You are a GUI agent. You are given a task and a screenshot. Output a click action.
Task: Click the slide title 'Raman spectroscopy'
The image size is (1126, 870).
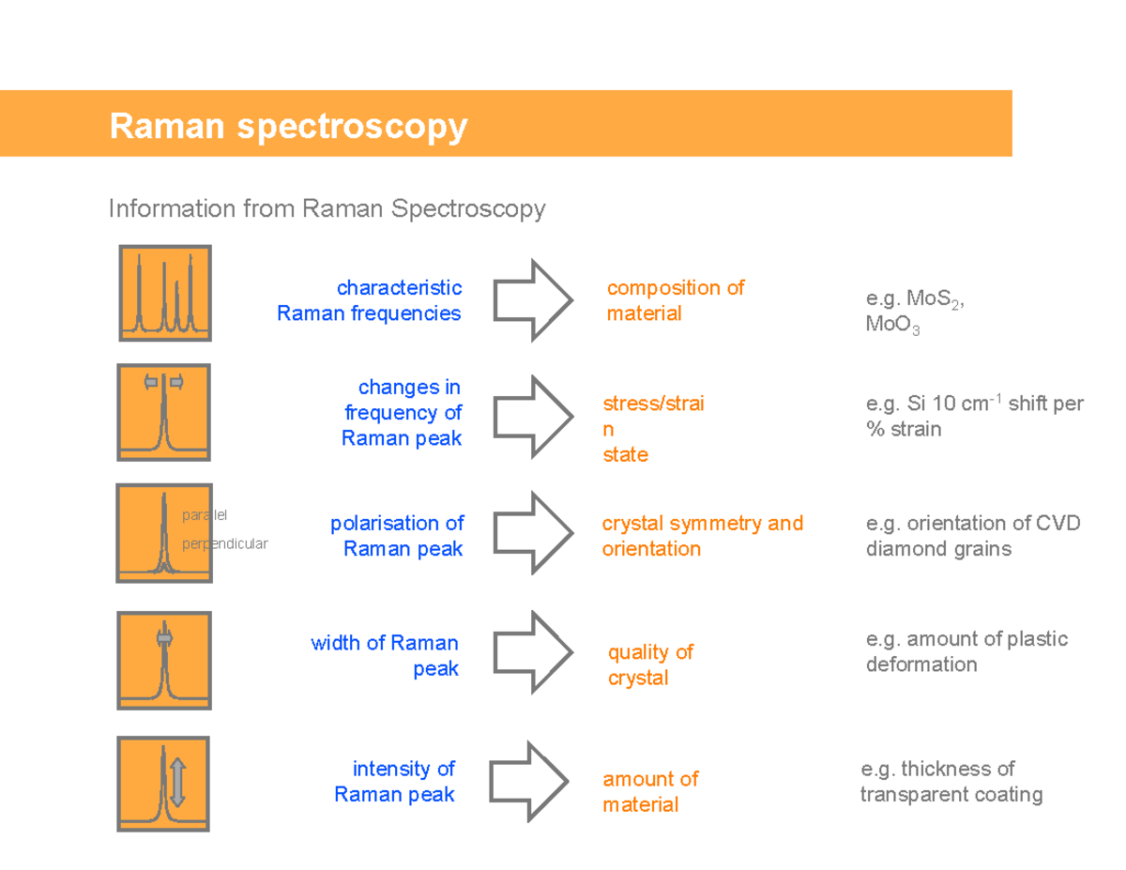[x=287, y=126]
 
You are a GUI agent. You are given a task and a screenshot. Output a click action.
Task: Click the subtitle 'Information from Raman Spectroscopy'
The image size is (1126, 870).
[x=327, y=208]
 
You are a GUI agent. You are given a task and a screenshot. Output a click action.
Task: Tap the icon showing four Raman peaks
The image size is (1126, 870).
[x=165, y=293]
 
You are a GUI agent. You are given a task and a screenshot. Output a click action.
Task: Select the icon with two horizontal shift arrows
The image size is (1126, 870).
[x=163, y=412]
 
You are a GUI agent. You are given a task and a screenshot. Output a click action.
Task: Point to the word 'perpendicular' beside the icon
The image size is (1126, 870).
[x=224, y=543]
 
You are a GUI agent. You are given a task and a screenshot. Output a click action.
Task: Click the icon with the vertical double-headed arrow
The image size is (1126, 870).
[x=163, y=784]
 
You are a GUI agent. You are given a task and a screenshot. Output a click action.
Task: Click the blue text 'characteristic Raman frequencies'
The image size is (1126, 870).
[x=370, y=300]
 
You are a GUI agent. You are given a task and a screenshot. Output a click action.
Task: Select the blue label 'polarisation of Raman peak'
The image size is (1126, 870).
[x=398, y=536]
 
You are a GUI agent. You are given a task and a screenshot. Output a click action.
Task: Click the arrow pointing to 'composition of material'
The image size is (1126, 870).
[x=532, y=300]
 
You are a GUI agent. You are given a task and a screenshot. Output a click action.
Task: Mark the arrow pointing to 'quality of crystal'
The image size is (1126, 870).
[x=532, y=652]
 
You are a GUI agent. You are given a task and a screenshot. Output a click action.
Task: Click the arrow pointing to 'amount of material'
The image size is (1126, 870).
[x=530, y=781]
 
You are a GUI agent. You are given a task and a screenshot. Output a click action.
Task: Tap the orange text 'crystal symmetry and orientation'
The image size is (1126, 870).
[x=702, y=536]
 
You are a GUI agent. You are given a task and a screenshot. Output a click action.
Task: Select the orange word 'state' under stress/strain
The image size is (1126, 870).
[x=625, y=455]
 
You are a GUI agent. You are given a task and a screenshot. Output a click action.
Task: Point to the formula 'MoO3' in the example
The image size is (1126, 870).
[x=892, y=327]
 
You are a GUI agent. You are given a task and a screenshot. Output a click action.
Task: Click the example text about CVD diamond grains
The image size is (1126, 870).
[x=972, y=536]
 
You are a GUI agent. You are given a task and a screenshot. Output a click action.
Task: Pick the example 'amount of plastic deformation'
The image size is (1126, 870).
[x=966, y=652]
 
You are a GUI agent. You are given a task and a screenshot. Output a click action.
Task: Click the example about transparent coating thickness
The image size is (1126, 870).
[x=951, y=782]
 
